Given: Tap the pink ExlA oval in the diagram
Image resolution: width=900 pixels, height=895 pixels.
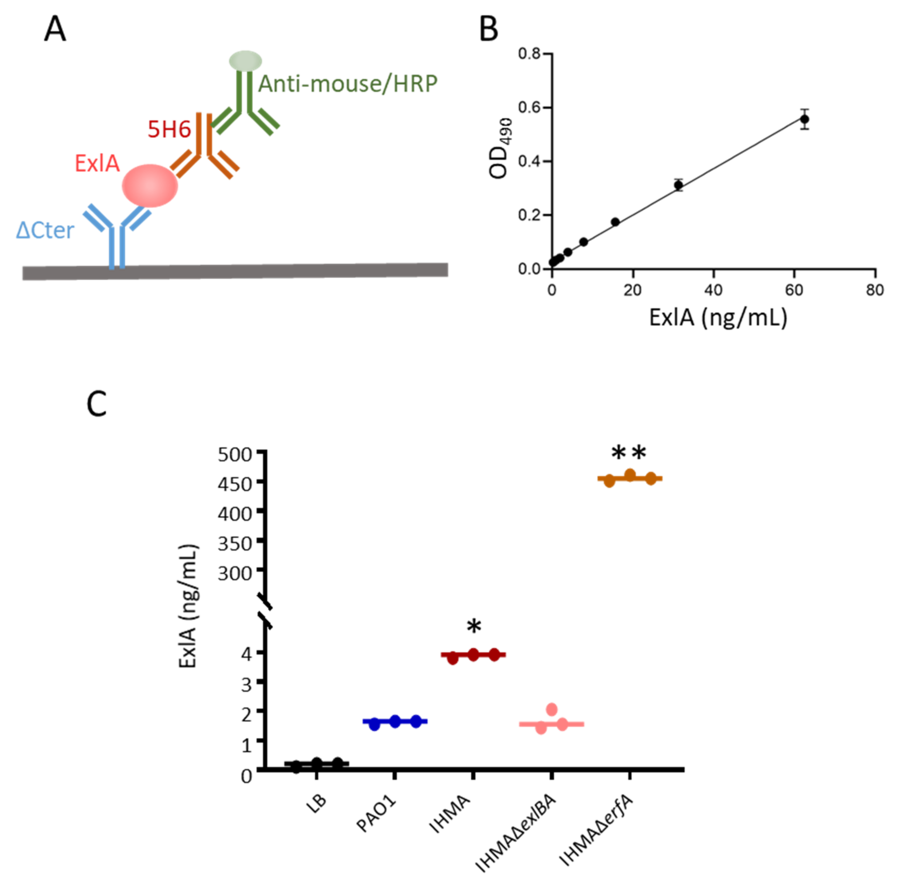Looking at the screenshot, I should (150, 186).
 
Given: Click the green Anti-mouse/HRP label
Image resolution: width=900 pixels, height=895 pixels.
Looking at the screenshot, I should (348, 84).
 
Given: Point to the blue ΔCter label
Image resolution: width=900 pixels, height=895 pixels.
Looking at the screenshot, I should (45, 230).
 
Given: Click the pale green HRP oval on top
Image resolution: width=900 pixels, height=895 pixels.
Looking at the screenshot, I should (245, 61).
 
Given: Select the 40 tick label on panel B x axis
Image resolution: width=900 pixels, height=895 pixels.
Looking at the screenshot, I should (713, 290).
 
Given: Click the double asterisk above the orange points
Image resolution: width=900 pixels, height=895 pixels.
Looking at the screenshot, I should (629, 453).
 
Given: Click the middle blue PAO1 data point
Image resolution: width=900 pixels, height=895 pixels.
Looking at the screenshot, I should (395, 721).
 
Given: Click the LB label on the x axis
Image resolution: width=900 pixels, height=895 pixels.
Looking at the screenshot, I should (317, 803).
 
